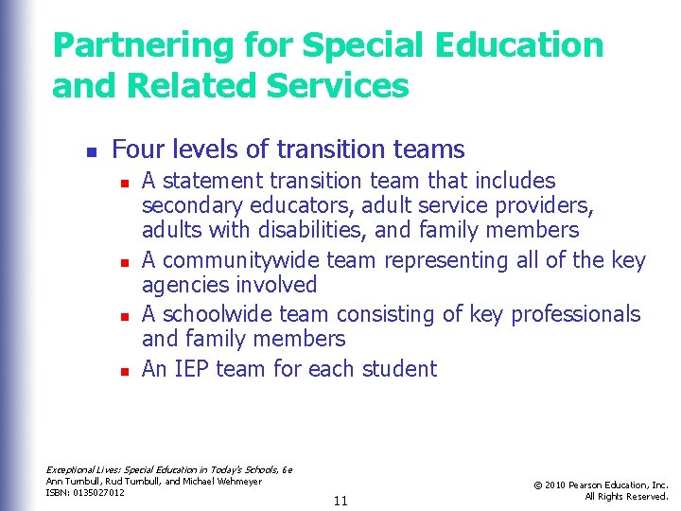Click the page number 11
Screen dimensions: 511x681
point(340,501)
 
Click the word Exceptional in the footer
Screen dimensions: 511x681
point(70,469)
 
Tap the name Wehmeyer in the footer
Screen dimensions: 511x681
point(239,481)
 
